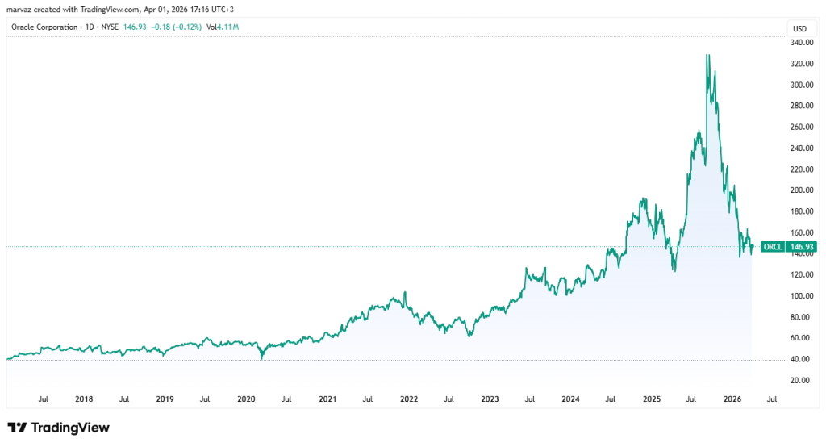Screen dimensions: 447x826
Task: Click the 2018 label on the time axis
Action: (x=83, y=399)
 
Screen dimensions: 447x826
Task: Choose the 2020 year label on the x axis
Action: (x=246, y=399)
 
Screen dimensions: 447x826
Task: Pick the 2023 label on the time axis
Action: (x=490, y=399)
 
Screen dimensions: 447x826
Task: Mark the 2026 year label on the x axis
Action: (x=732, y=399)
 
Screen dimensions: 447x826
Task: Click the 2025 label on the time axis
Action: (x=652, y=399)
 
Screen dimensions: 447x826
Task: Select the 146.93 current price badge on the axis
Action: (x=803, y=247)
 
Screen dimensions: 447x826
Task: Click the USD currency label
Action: (x=799, y=28)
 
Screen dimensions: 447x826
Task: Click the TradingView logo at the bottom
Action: (x=58, y=428)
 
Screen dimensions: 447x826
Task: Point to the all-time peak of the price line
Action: (x=707, y=55)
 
